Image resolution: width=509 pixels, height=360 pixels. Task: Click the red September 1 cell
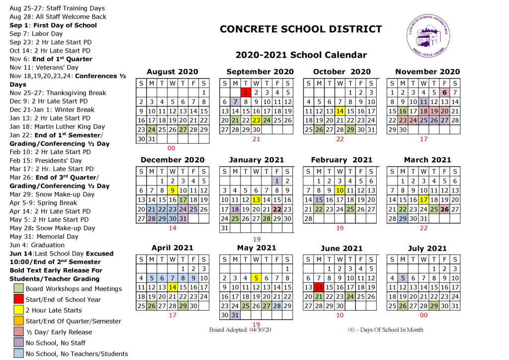tap(246, 92)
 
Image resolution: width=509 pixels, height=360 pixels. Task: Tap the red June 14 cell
tap(319, 287)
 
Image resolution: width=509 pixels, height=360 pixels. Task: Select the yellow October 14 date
tap(340, 111)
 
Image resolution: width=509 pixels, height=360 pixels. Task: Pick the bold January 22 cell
tap(277, 209)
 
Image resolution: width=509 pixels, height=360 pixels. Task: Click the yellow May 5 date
tap(256, 278)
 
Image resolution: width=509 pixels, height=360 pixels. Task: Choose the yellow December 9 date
tap(172, 190)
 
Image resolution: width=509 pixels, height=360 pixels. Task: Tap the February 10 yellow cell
tap(340, 190)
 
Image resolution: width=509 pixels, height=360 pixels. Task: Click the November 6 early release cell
tap(445, 92)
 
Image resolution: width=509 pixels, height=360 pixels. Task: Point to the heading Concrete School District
tap(301, 29)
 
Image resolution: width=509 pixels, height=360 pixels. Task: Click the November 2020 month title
tap(427, 72)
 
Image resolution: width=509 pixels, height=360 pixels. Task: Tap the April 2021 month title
tap(172, 247)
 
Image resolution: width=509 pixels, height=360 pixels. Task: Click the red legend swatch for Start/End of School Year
tap(18, 299)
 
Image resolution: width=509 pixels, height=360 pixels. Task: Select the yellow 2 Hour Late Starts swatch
tap(18, 310)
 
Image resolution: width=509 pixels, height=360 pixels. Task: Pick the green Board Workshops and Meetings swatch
tap(18, 288)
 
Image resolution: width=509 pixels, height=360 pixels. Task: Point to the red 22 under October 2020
tap(340, 139)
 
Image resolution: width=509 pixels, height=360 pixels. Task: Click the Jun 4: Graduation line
tap(37, 245)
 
